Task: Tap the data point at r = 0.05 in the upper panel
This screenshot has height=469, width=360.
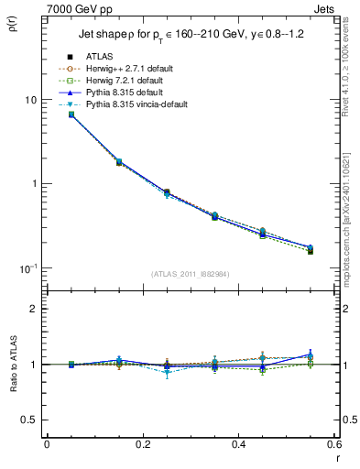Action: (71, 115)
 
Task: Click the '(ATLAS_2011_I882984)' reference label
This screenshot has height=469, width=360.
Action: (190, 274)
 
